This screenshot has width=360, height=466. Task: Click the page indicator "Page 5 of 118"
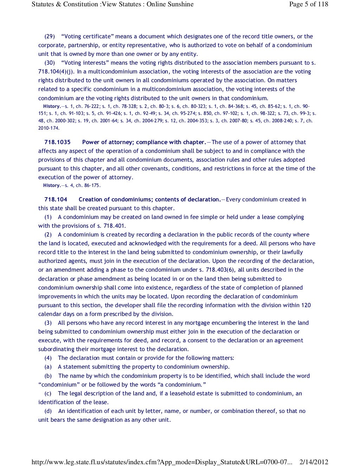[308, 4]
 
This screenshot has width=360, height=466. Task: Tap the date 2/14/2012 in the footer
[314, 462]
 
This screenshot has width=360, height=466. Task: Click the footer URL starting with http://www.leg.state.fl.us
[162, 462]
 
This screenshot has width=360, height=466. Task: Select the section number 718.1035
[57, 142]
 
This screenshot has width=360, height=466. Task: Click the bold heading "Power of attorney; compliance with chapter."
[144, 142]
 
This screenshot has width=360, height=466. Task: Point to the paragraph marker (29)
[50, 36]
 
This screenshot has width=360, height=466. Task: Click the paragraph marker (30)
[50, 63]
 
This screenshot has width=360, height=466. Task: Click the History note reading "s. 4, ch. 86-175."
[83, 185]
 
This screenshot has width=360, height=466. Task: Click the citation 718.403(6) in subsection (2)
[218, 270]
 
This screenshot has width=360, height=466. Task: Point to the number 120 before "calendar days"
[306, 305]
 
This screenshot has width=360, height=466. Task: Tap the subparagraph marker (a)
[48, 367]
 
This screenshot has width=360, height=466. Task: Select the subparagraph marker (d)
[48, 411]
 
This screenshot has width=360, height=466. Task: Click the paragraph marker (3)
[48, 323]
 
